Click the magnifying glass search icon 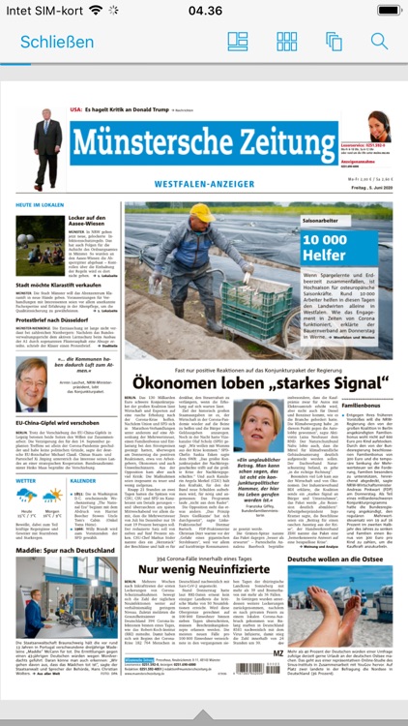379,42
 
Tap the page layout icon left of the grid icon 238,42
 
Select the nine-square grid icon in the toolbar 287,42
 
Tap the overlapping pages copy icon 334,42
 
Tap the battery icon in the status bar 381,11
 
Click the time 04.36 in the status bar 204,11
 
